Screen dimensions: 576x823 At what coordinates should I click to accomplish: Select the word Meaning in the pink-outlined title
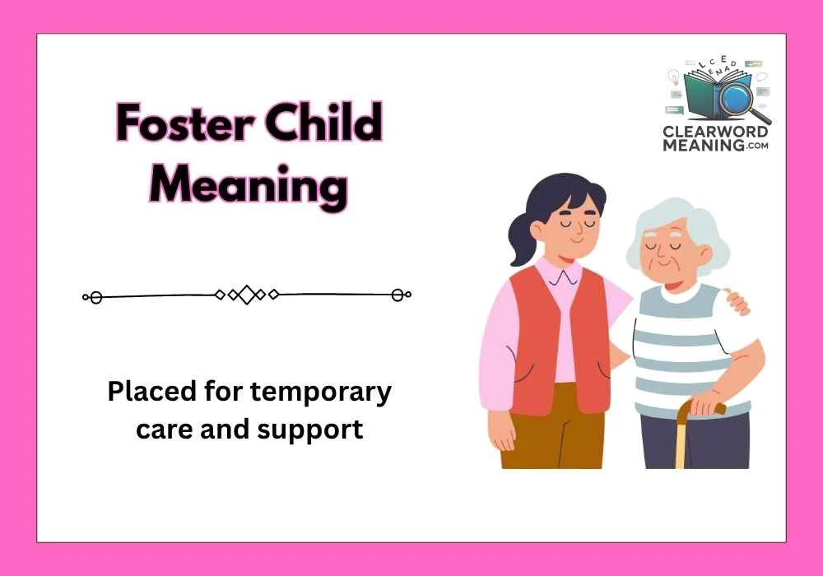(249, 185)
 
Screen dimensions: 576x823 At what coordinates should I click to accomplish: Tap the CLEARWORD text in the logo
(715, 132)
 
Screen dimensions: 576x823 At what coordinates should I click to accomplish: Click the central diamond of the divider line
(247, 295)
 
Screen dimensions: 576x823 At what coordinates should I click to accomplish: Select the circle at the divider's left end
(95, 296)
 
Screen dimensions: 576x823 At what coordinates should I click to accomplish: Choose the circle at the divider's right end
(398, 295)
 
